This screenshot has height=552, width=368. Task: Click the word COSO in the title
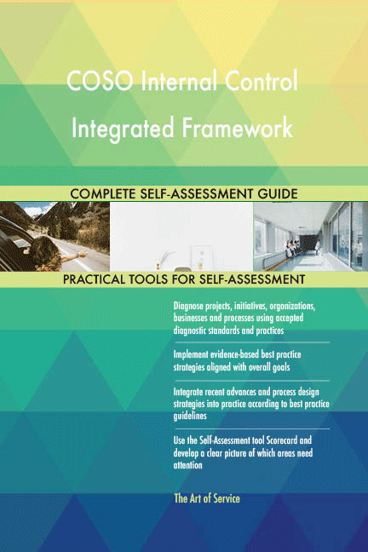point(99,83)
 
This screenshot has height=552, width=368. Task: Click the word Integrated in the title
point(118,128)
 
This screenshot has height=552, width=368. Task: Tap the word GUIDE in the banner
point(274,194)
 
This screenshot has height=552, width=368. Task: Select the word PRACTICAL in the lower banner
point(101,279)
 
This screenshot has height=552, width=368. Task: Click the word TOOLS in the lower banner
point(162,279)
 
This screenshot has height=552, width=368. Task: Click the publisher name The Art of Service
point(206,498)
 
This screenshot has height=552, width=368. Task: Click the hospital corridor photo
point(310,236)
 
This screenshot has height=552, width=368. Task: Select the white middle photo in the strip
point(181,236)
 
